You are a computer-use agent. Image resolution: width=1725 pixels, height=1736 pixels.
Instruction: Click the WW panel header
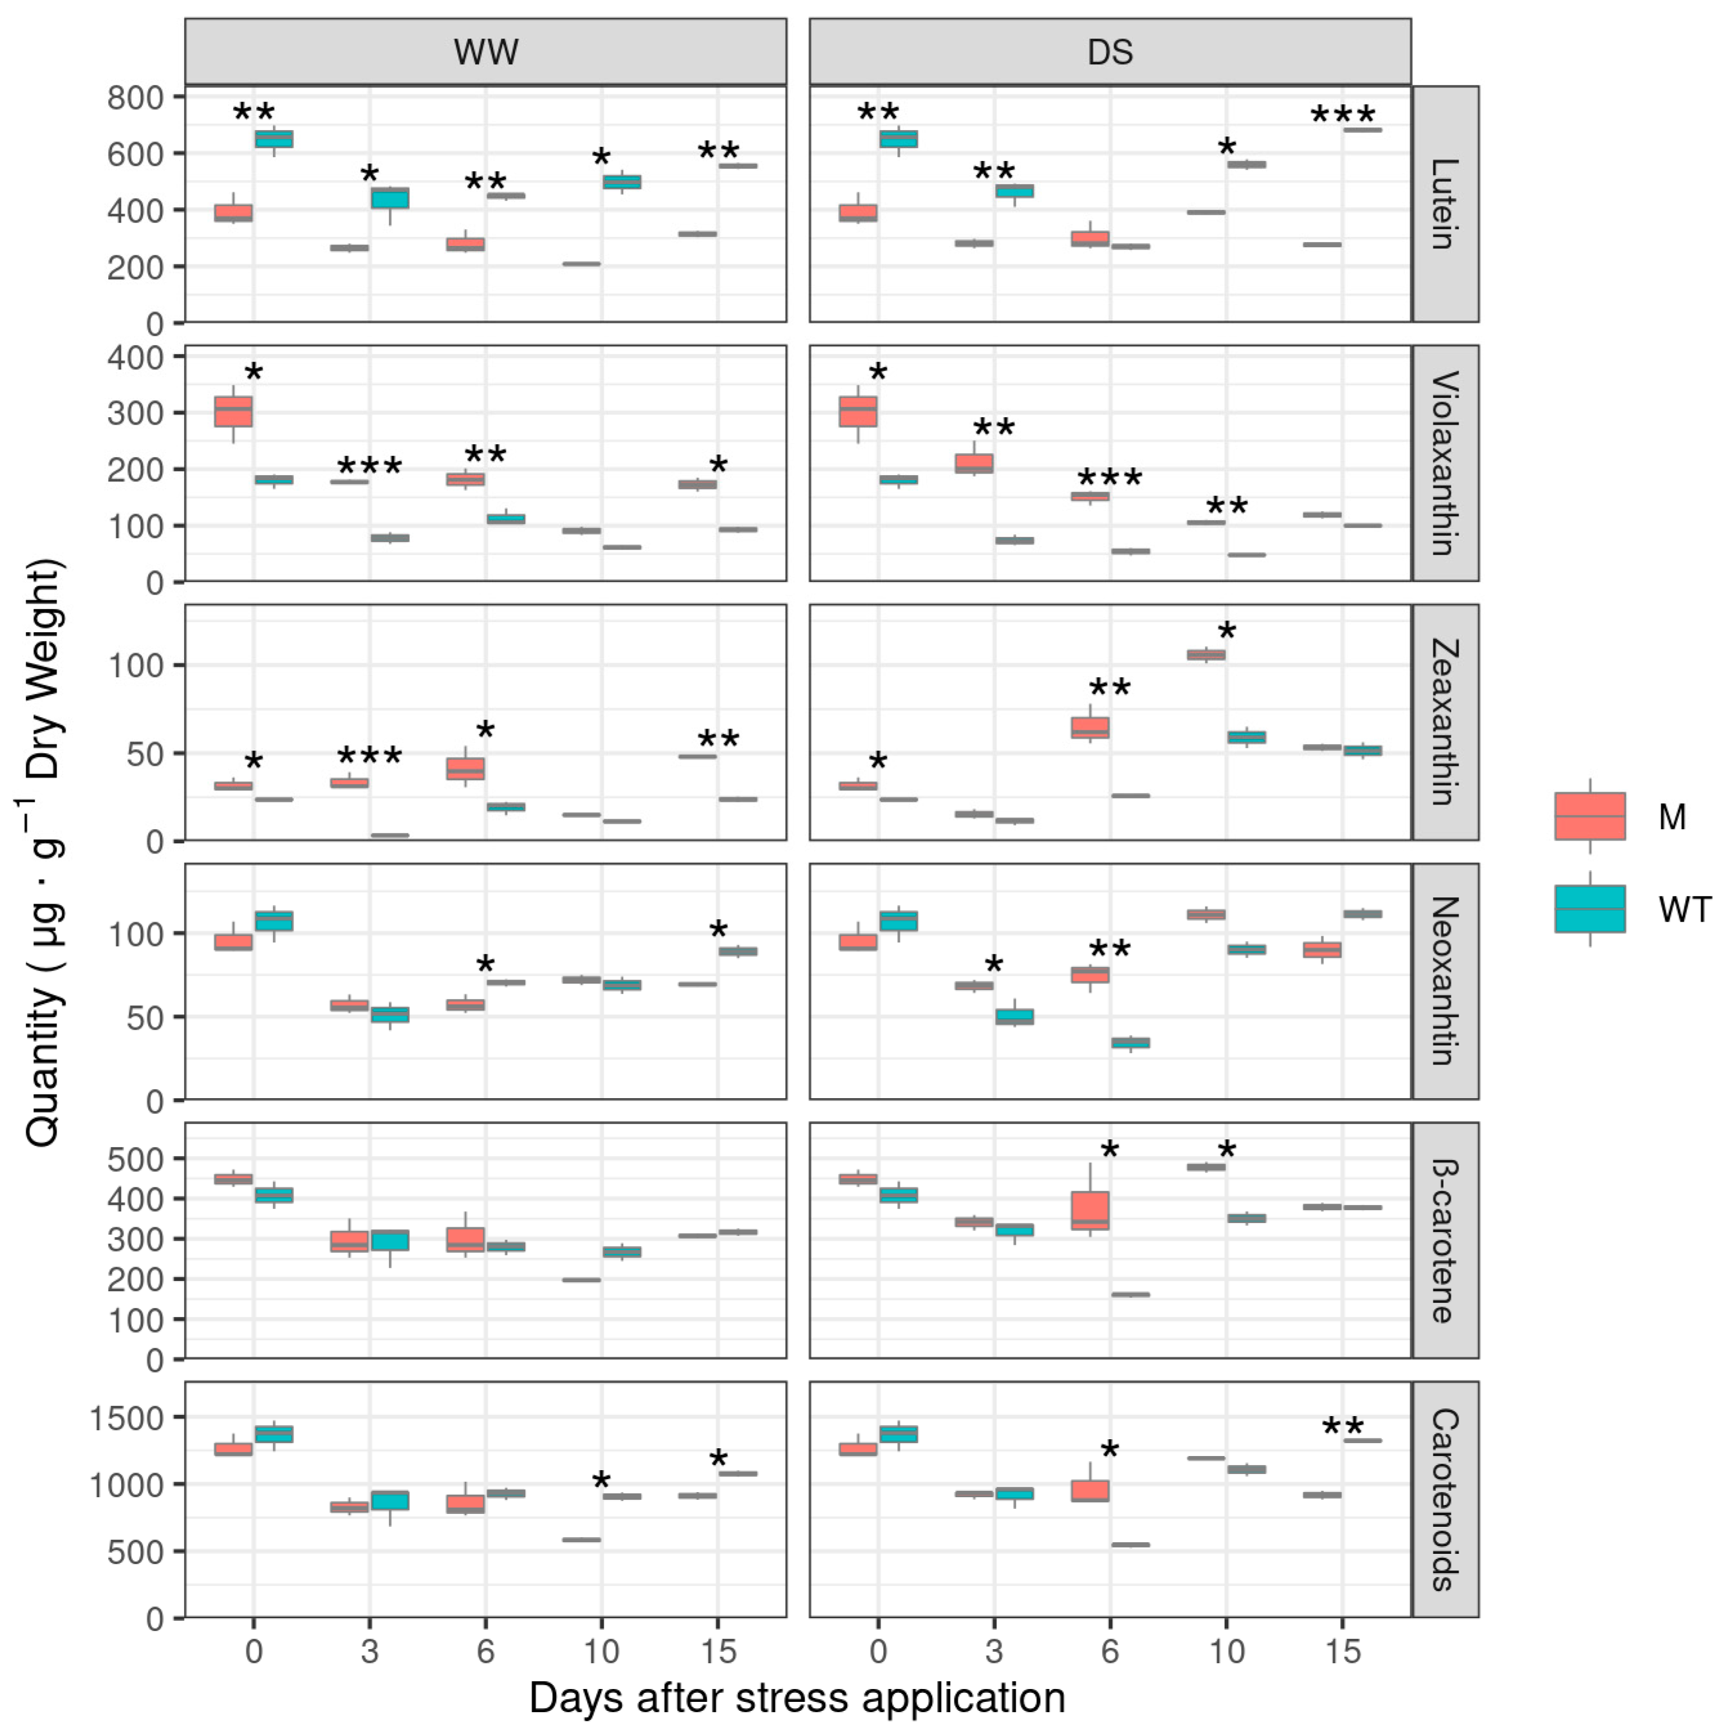pos(485,51)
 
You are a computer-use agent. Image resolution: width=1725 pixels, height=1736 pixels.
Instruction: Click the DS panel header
pos(1110,51)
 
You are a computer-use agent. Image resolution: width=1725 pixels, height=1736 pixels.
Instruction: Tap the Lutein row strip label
pos(1444,204)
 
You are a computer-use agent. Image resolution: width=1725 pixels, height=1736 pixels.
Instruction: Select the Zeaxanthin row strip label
pos(1444,722)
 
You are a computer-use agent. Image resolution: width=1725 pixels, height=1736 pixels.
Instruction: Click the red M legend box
pos(1589,816)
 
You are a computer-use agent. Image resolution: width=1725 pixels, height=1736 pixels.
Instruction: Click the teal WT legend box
pos(1589,908)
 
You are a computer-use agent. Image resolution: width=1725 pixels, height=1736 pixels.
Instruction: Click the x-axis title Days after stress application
pos(797,1698)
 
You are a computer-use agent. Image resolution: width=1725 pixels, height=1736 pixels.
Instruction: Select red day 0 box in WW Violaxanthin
pos(234,411)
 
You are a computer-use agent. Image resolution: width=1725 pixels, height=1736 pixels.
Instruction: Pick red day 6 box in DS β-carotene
pos(1090,1210)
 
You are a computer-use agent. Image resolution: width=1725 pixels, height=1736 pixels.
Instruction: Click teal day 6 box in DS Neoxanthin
pos(1130,1042)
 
